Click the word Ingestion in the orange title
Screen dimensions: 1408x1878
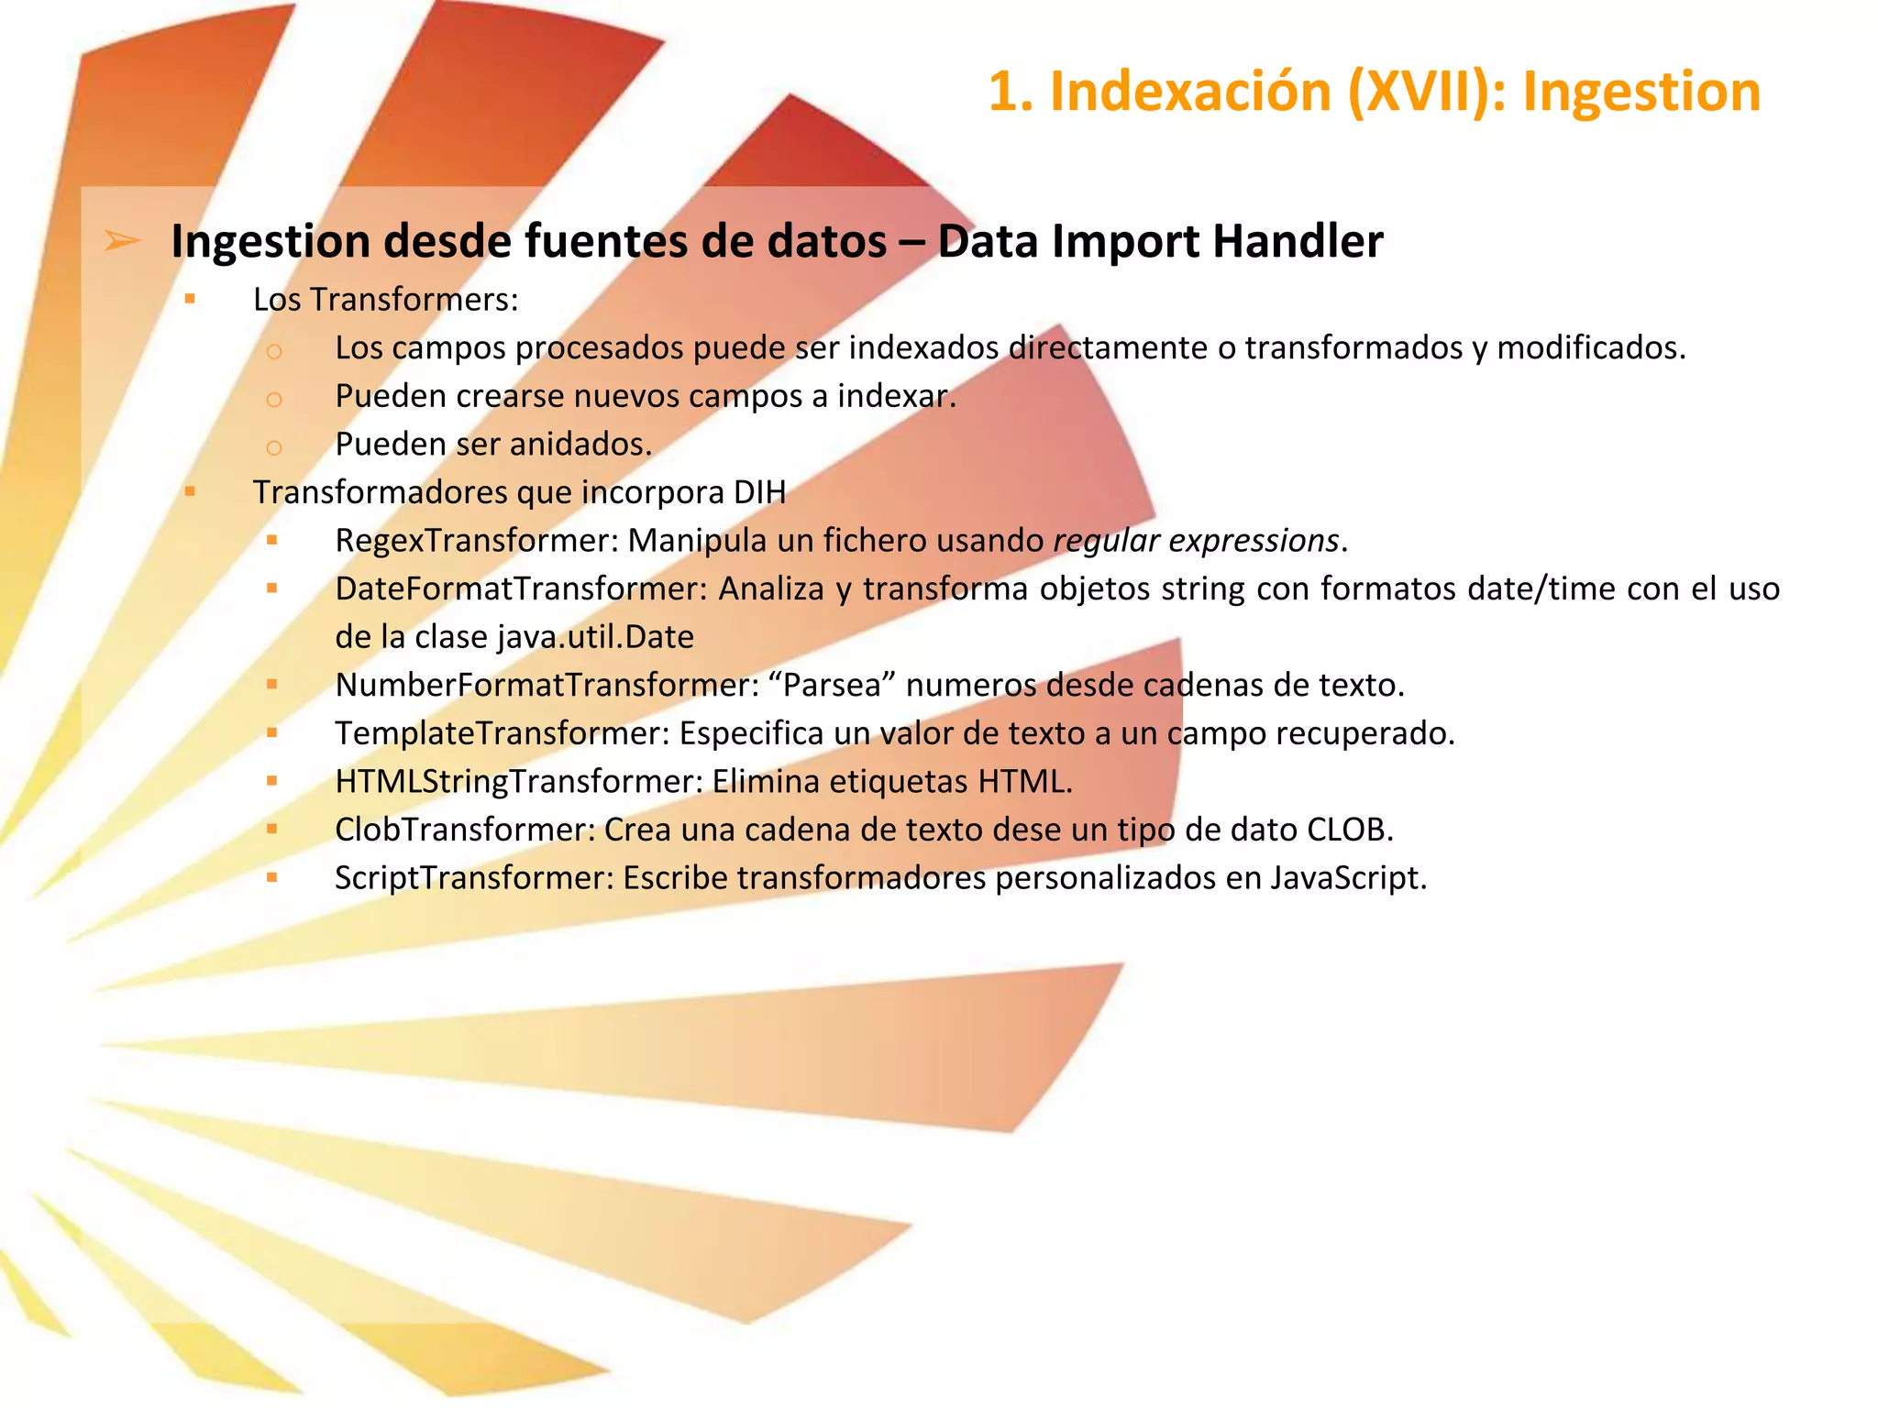point(1640,92)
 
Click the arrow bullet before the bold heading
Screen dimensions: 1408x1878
point(122,241)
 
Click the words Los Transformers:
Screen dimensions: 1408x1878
point(385,300)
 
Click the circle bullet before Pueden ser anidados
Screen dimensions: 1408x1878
point(273,447)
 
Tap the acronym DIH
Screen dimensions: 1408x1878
point(759,492)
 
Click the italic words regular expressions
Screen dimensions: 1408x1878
point(1196,541)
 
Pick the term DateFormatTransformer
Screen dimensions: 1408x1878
point(522,588)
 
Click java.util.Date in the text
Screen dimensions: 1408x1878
point(595,637)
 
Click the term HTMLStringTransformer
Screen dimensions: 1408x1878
point(514,781)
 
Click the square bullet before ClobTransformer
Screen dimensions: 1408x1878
point(272,829)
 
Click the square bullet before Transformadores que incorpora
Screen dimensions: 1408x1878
point(190,491)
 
